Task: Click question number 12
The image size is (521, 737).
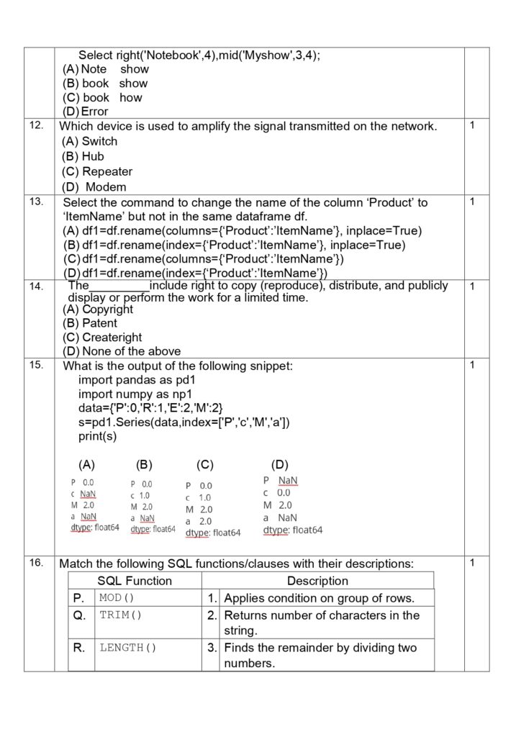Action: pyautogui.click(x=35, y=126)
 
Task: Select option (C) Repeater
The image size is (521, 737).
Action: pyautogui.click(x=97, y=171)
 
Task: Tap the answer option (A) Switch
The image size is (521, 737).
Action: pyautogui.click(x=90, y=141)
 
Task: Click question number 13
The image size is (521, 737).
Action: pyautogui.click(x=36, y=202)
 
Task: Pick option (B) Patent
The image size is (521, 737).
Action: pyautogui.click(x=90, y=323)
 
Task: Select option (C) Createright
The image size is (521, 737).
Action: pyautogui.click(x=102, y=337)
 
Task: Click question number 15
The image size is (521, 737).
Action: pyautogui.click(x=36, y=365)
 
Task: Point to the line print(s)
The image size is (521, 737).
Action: pyautogui.click(x=97, y=436)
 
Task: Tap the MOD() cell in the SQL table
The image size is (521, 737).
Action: pyautogui.click(x=117, y=598)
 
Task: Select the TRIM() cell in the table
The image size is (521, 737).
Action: pyautogui.click(x=120, y=615)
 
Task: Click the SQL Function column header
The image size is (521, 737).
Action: pyautogui.click(x=135, y=581)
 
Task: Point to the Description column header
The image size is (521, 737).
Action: pyautogui.click(x=317, y=581)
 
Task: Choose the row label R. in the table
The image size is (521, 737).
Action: pyautogui.click(x=79, y=647)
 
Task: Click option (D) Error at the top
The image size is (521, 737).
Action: pyautogui.click(x=86, y=112)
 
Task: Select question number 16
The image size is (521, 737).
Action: pyautogui.click(x=36, y=563)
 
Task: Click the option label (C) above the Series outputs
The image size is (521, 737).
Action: pyautogui.click(x=205, y=465)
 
